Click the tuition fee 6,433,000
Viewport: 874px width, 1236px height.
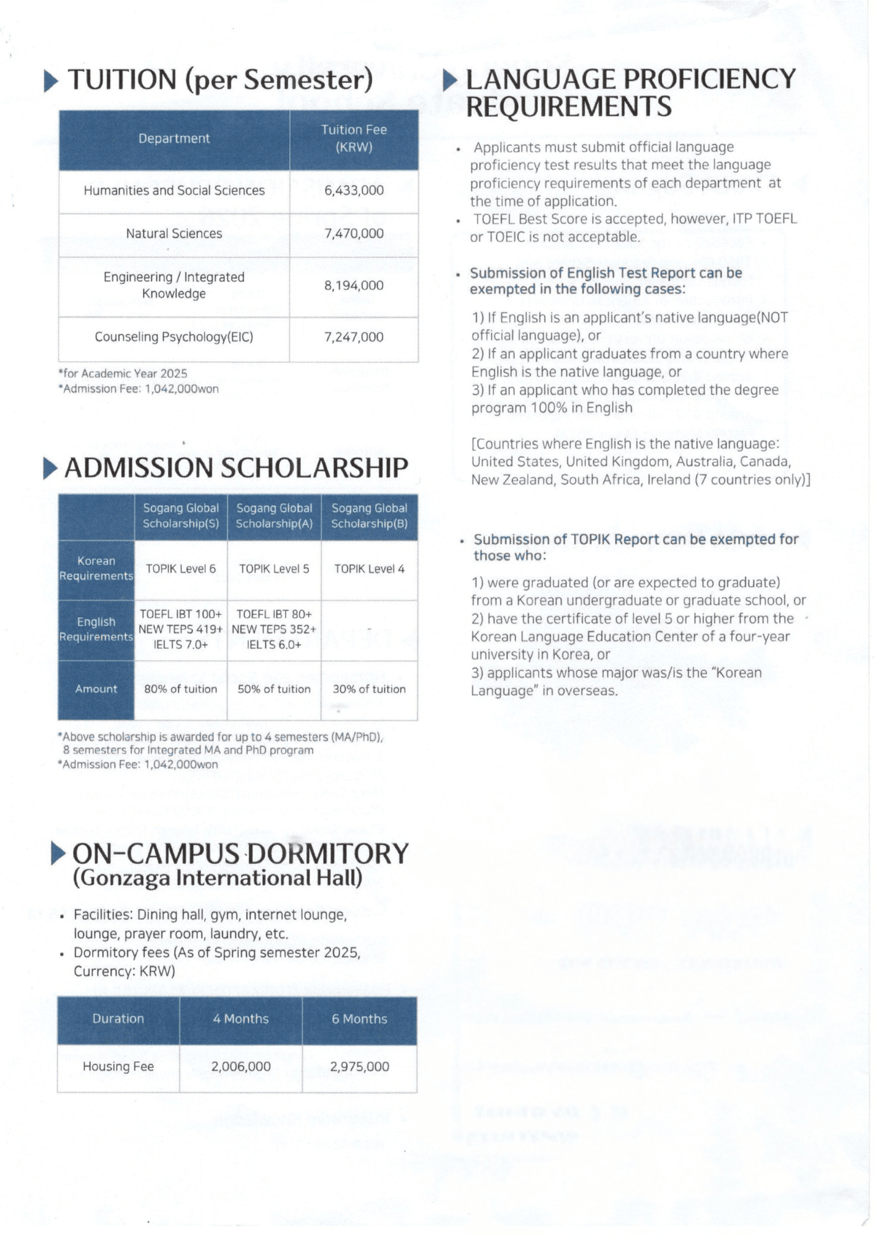[x=354, y=190]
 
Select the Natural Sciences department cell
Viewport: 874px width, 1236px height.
[x=174, y=234]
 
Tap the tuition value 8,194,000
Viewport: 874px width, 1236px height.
[x=354, y=286]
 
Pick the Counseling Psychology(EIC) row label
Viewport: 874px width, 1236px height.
[x=174, y=337]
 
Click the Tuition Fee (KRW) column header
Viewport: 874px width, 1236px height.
[x=354, y=138]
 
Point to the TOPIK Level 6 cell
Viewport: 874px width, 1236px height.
[x=180, y=569]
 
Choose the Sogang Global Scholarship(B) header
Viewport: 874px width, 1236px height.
[x=369, y=515]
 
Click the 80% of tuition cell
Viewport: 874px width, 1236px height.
[x=180, y=689]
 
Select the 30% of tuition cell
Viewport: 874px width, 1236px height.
[x=369, y=689]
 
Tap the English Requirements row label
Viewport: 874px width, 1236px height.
[x=96, y=629]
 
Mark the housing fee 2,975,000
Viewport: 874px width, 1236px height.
[x=359, y=1067]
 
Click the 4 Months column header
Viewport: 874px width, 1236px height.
[x=240, y=1019]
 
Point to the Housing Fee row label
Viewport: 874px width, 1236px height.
[x=118, y=1067]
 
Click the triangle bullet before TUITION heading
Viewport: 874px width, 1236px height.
[x=52, y=81]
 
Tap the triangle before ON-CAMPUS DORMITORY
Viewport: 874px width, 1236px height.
[x=58, y=853]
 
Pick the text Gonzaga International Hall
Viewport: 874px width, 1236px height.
[x=217, y=878]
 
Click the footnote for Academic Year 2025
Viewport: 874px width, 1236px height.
[x=122, y=373]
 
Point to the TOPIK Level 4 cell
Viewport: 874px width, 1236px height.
[x=369, y=569]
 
